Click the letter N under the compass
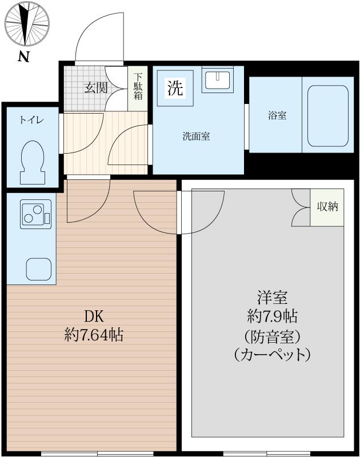(x=23, y=57)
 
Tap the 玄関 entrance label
(x=96, y=87)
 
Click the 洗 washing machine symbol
(x=175, y=88)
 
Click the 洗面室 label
(x=196, y=137)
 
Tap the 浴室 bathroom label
(x=277, y=115)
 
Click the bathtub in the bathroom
(x=328, y=115)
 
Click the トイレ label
(x=31, y=120)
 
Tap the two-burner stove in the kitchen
(x=35, y=215)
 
